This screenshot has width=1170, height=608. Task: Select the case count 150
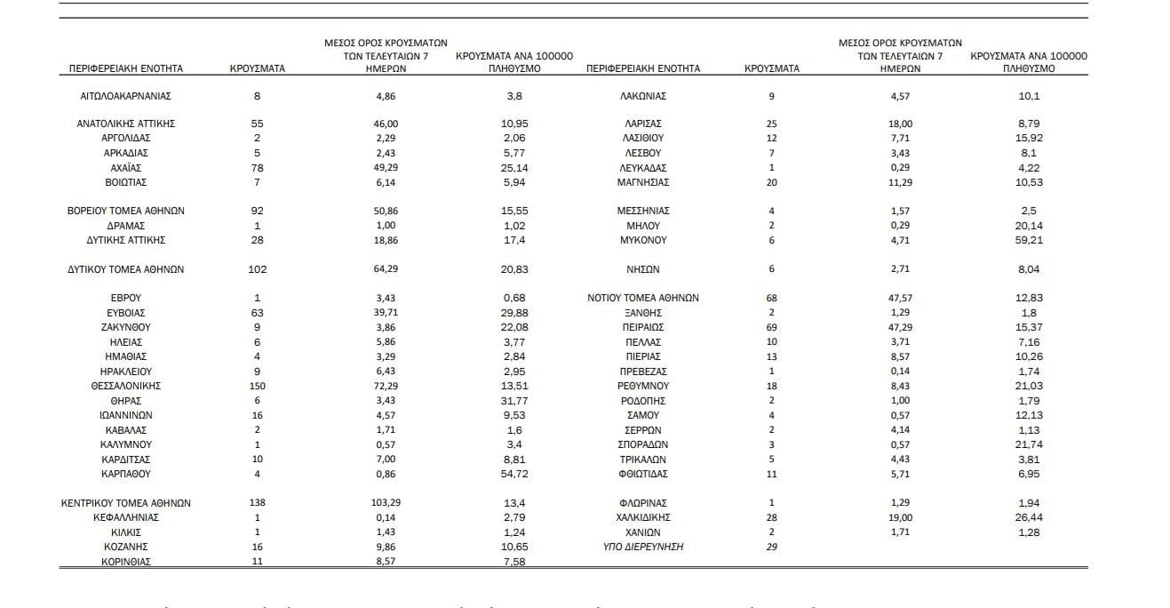point(257,386)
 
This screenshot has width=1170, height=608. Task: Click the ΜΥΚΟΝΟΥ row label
point(643,240)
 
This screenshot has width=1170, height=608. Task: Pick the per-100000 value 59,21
point(1031,240)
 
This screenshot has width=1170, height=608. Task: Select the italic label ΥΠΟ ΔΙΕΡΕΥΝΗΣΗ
point(643,547)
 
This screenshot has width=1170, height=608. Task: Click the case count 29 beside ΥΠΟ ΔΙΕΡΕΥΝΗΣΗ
point(771,547)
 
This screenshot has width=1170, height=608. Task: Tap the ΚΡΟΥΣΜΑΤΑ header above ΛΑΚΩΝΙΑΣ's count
point(771,68)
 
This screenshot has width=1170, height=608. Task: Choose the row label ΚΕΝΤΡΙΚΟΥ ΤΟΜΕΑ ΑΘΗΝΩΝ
point(125,503)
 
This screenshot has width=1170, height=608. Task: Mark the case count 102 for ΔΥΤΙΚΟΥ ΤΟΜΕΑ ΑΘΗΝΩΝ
point(257,269)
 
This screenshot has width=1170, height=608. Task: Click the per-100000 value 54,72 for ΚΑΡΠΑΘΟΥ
point(515,474)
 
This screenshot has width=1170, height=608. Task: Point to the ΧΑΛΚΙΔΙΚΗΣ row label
point(643,517)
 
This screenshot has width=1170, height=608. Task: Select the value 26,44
point(1031,517)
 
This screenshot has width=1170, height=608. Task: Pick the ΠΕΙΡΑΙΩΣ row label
point(643,327)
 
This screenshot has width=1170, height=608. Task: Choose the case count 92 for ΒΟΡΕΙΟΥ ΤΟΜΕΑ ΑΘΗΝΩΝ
point(257,211)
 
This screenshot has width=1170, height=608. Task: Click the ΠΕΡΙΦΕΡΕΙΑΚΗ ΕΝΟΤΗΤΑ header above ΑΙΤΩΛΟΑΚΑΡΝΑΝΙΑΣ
point(125,68)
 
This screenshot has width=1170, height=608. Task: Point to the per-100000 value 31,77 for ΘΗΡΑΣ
point(515,401)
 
